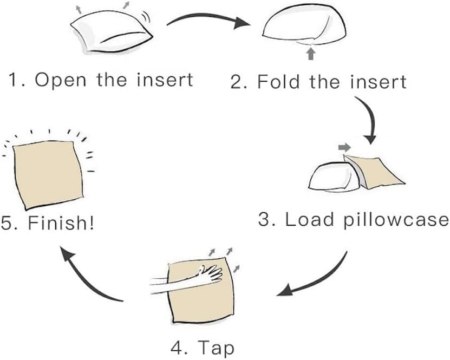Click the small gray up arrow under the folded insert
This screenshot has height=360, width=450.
(x=310, y=53)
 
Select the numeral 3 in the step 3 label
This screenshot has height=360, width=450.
(x=264, y=220)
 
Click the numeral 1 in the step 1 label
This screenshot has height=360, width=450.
(x=13, y=80)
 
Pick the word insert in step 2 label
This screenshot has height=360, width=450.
(x=377, y=82)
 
